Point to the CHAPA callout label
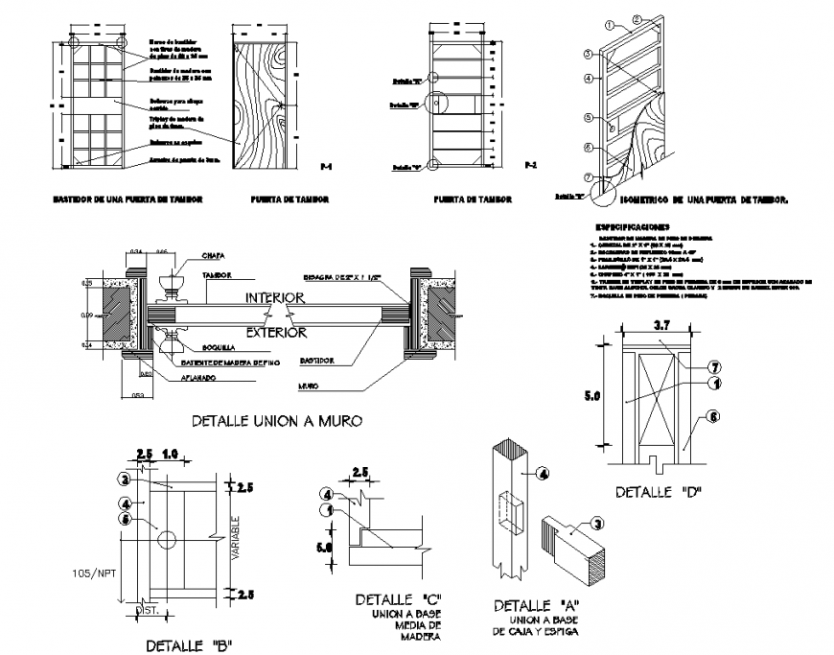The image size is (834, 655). [x=215, y=256]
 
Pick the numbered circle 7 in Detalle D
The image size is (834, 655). [x=714, y=367]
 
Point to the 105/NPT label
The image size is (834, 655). [x=90, y=573]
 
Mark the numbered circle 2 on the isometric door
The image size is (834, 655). [x=636, y=19]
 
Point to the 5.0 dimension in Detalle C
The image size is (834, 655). [x=325, y=549]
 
